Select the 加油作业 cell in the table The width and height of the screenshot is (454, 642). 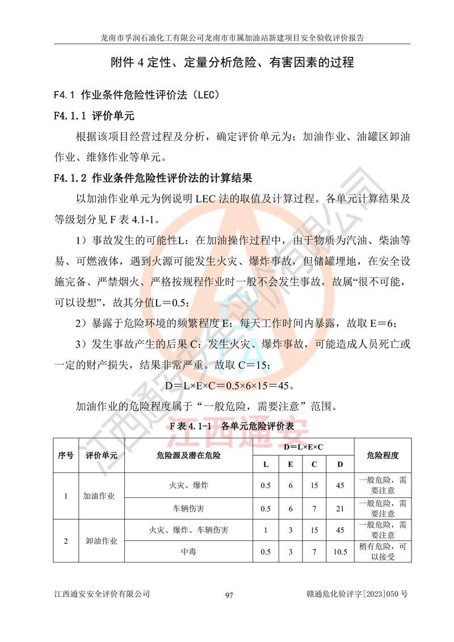(x=99, y=496)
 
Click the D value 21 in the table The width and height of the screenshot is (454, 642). (x=340, y=508)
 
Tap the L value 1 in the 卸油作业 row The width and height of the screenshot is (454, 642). (x=265, y=530)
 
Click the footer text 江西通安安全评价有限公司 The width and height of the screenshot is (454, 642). (x=102, y=594)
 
